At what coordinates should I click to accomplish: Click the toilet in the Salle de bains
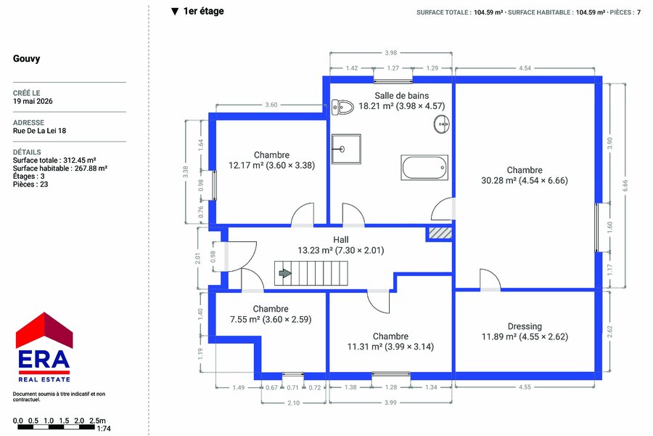click(342, 108)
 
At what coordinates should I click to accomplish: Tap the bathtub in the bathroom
click(424, 167)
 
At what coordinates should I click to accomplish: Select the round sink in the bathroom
click(441, 124)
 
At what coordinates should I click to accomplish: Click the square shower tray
click(346, 149)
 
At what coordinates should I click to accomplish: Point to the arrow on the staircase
click(285, 273)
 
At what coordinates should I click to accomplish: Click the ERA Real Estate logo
click(44, 347)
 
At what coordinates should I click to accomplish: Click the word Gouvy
click(27, 58)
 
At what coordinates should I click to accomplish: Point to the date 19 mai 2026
click(33, 101)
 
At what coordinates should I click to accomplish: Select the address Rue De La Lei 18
click(40, 131)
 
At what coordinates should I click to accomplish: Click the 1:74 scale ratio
click(104, 429)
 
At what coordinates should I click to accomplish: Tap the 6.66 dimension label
click(625, 186)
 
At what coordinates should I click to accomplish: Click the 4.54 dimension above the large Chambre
click(525, 68)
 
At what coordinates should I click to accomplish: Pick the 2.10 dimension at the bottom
click(294, 403)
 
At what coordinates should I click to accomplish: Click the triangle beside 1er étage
click(175, 12)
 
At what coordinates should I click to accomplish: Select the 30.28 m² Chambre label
click(525, 175)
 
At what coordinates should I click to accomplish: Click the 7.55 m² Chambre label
click(271, 314)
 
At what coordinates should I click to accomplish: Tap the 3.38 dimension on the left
click(186, 172)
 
